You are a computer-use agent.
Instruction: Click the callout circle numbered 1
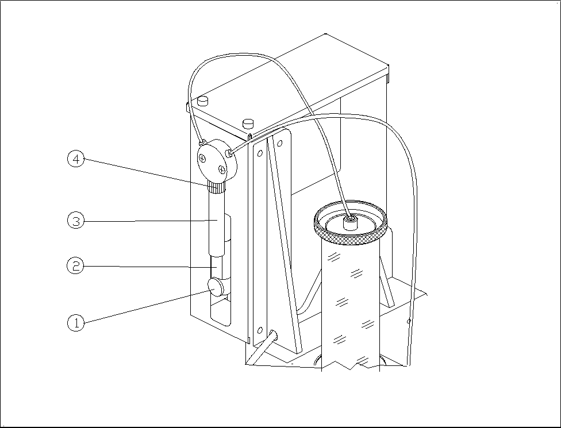(75, 323)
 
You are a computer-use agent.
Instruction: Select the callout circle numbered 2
(75, 266)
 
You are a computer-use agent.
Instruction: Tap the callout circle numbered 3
(75, 220)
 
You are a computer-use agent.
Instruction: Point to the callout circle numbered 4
(75, 159)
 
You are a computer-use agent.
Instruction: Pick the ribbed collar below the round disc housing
(216, 187)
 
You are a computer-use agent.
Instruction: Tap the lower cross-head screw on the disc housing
(221, 169)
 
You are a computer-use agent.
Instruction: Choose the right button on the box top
(248, 122)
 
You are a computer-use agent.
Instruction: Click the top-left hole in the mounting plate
(260, 153)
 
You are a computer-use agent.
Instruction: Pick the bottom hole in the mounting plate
(260, 330)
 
